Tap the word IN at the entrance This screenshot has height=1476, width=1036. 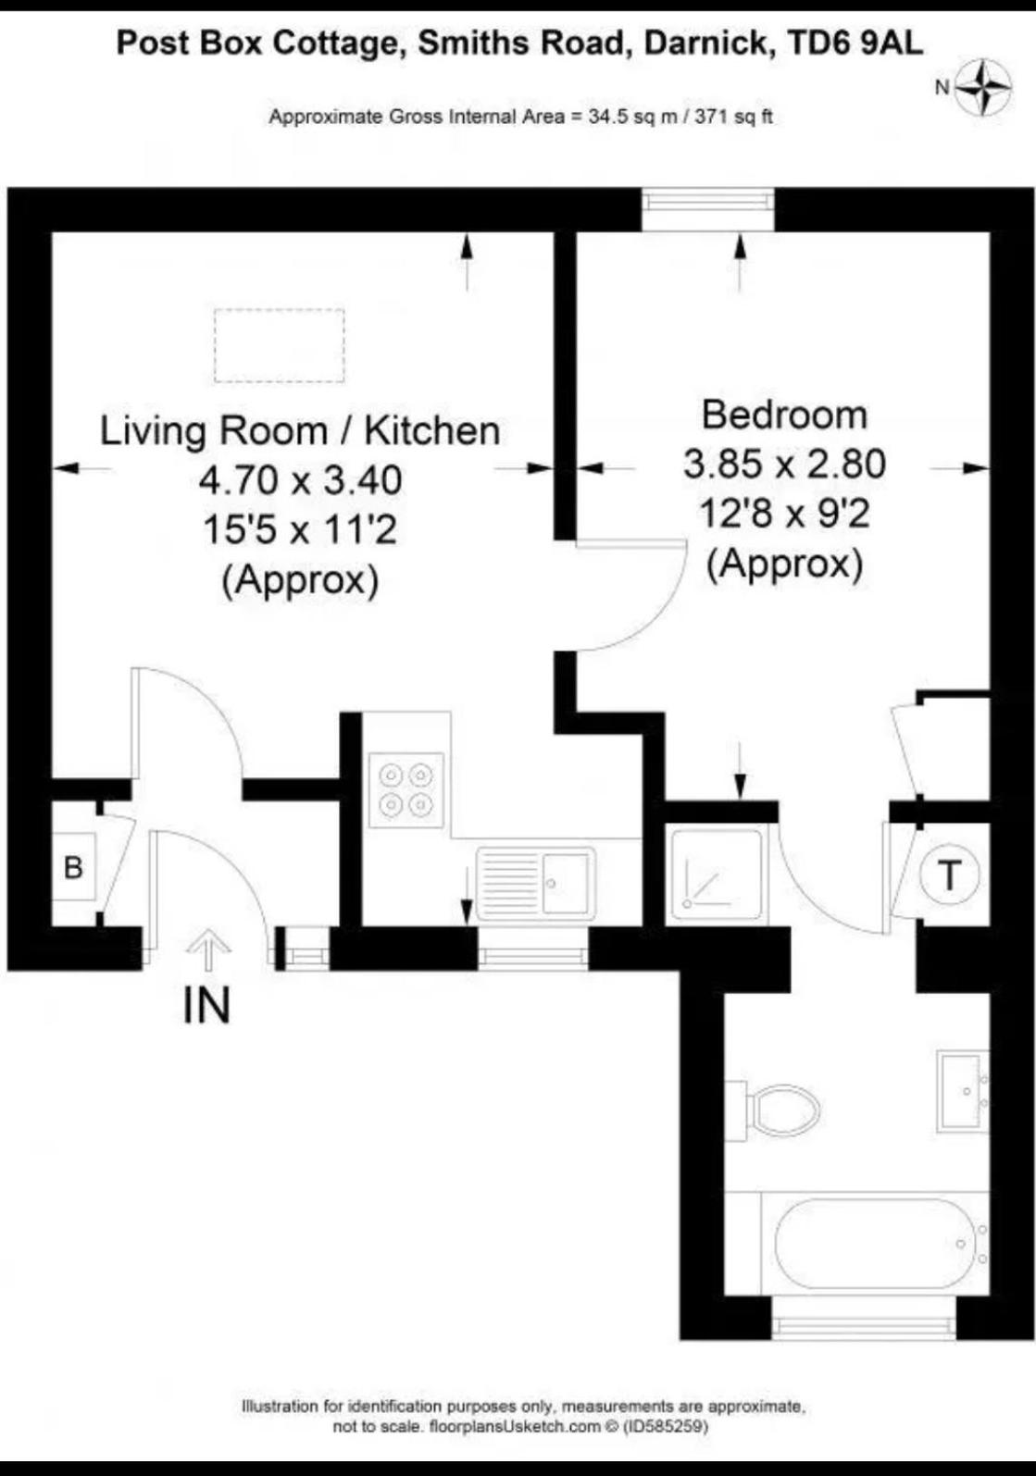pyautogui.click(x=207, y=1006)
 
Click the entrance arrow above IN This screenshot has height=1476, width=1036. pyautogui.click(x=208, y=949)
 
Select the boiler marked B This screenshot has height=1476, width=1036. pyautogui.click(x=74, y=867)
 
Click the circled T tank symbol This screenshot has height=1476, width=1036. pyautogui.click(x=949, y=875)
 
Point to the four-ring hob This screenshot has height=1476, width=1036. pyautogui.click(x=406, y=790)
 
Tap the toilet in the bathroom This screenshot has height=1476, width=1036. pyautogui.click(x=772, y=1118)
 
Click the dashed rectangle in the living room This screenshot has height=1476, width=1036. pyautogui.click(x=280, y=346)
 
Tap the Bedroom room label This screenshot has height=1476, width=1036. pyautogui.click(x=784, y=416)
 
